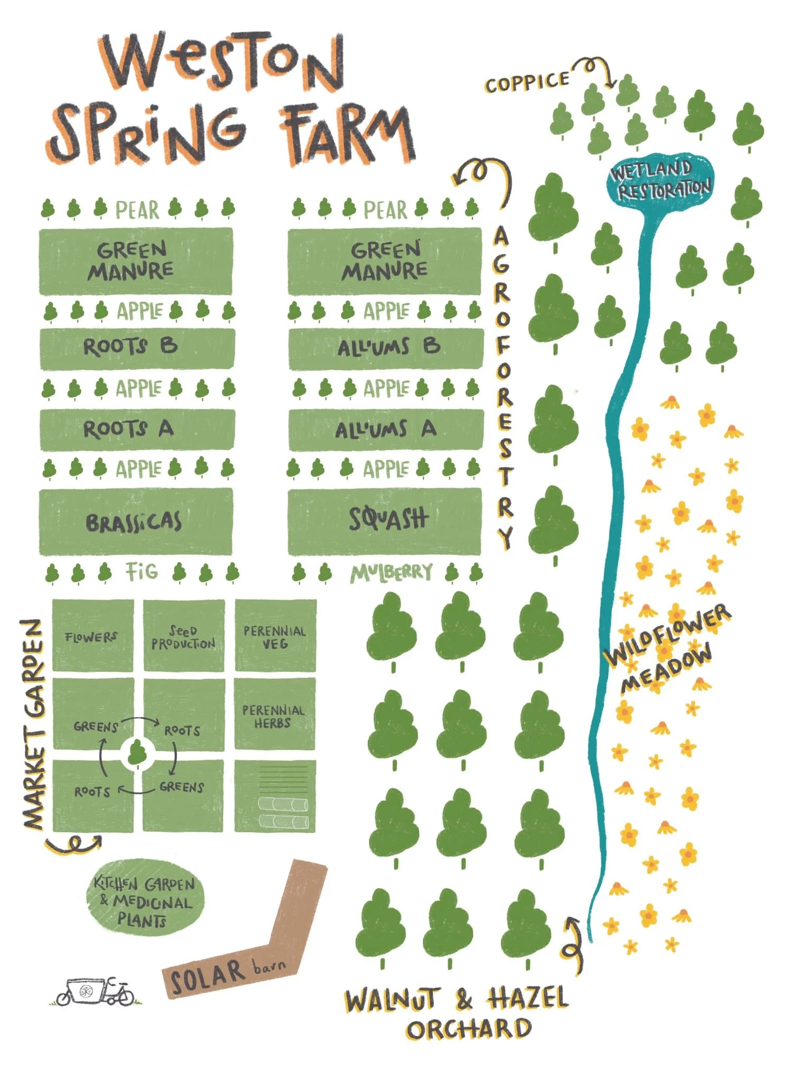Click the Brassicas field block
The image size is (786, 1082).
pyautogui.click(x=135, y=522)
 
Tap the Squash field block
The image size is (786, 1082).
pyautogui.click(x=385, y=521)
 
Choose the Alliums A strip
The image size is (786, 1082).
pyautogui.click(x=386, y=429)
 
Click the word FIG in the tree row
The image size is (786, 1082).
pyautogui.click(x=142, y=572)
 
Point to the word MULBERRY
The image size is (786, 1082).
pyautogui.click(x=391, y=573)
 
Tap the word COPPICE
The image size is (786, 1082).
pyautogui.click(x=527, y=83)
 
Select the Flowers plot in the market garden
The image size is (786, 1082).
pyautogui.click(x=92, y=636)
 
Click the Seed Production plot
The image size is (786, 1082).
pyautogui.click(x=183, y=636)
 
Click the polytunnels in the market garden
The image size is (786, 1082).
pyautogui.click(x=283, y=813)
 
